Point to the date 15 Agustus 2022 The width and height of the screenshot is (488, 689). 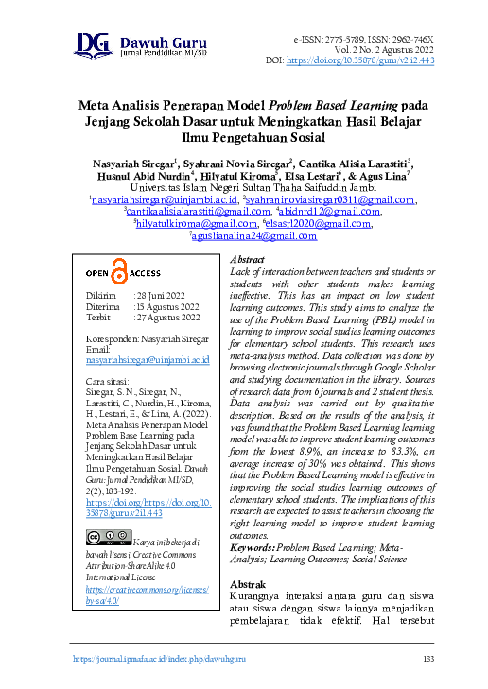[166, 306]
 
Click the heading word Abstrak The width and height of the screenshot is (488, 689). [247, 585]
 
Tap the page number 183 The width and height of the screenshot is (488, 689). [427, 658]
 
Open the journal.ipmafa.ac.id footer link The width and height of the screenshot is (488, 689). [159, 658]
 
